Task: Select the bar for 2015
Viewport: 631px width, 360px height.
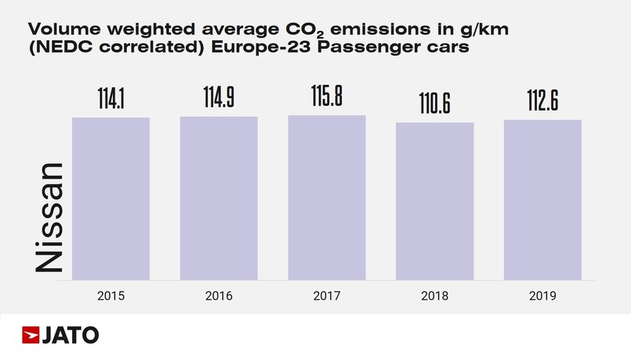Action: (111, 198)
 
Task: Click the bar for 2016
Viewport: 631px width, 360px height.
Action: (219, 198)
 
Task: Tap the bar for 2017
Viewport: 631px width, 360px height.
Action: (327, 198)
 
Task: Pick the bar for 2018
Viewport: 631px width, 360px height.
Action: (435, 201)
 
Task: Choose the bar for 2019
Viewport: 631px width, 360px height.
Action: (542, 199)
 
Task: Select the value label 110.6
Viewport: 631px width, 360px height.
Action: (435, 104)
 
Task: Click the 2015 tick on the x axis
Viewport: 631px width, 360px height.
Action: (111, 296)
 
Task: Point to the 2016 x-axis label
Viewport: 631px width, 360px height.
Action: (219, 296)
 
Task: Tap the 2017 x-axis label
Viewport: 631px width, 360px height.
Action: (327, 296)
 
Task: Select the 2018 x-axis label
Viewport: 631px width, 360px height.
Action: (435, 296)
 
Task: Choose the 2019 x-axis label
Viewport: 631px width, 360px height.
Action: (542, 296)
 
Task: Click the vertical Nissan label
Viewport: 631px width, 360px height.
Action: (49, 218)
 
